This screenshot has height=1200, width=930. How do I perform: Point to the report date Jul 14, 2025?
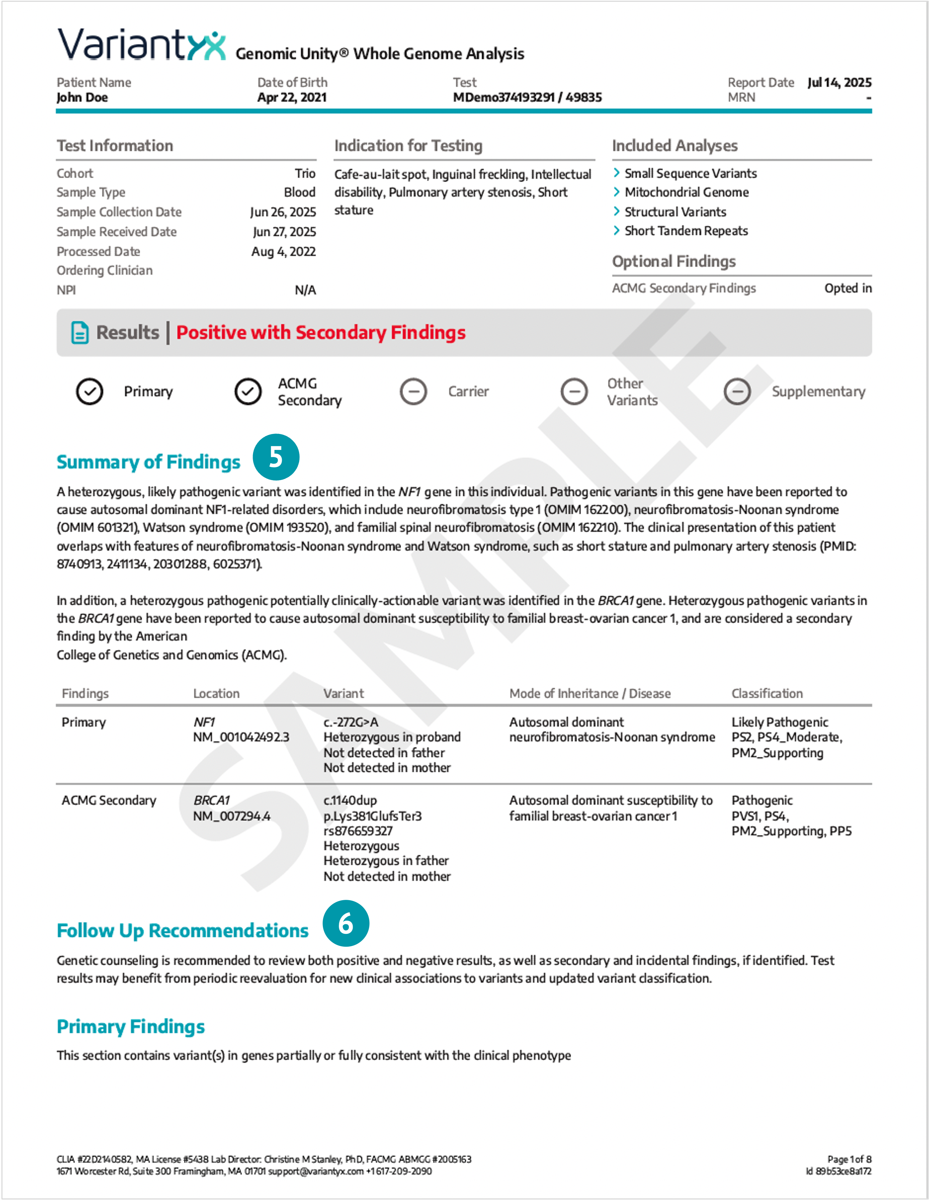coord(839,82)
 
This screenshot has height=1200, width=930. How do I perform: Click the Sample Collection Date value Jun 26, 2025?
coord(283,212)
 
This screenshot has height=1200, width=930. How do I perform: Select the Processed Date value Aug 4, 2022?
coord(284,252)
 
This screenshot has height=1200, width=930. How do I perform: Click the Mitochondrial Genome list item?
coord(686,192)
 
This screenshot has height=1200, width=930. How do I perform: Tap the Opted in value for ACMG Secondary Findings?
coord(848,288)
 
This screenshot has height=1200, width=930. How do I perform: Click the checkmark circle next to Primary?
coord(89,392)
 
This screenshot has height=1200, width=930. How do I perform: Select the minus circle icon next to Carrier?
coord(413,392)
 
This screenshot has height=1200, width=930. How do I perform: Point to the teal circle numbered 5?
coord(276,457)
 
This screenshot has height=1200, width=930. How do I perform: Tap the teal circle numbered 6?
coord(346,924)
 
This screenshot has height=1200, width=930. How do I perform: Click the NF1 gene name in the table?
coord(204,722)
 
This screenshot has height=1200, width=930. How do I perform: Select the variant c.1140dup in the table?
coord(350,800)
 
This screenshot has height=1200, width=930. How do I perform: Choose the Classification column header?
coord(767,693)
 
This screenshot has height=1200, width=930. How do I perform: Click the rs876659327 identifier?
coord(358,831)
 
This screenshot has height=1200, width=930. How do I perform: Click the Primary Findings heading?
coord(131,1026)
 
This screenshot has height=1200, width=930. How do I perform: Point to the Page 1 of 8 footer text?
coord(849,1159)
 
